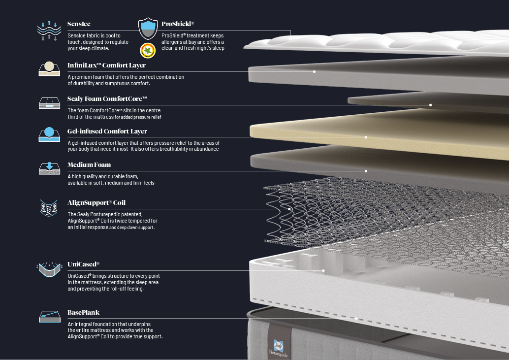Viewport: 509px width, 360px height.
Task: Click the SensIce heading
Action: pyautogui.click(x=79, y=24)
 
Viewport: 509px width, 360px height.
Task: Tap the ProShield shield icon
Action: pyautogui.click(x=148, y=29)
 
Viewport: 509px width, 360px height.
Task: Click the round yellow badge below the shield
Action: pyautogui.click(x=148, y=51)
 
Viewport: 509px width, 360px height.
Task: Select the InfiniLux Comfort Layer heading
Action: pyautogui.click(x=106, y=65)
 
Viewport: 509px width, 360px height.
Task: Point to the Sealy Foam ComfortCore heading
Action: pyautogui.click(x=107, y=98)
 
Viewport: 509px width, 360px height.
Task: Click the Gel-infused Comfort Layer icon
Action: pyautogui.click(x=49, y=134)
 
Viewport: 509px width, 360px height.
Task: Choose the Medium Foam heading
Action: pyautogui.click(x=89, y=165)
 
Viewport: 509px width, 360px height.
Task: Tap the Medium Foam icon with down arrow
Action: pyautogui.click(x=49, y=168)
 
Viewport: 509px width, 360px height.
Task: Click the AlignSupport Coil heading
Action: pyautogui.click(x=96, y=202)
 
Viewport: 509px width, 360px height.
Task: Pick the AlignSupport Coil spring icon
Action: pyautogui.click(x=49, y=208)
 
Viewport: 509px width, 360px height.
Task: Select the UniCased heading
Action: pyautogui.click(x=83, y=264)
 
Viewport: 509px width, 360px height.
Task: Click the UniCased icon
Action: pyautogui.click(x=49, y=269)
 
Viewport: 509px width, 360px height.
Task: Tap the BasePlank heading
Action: pyautogui.click(x=83, y=313)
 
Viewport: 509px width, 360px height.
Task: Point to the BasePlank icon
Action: pyautogui.click(x=50, y=317)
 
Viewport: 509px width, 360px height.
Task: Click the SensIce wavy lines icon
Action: pyautogui.click(x=49, y=31)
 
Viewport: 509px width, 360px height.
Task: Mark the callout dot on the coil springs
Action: pyautogui.click(x=289, y=209)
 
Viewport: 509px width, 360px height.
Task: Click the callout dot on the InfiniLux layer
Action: pyautogui.click(x=314, y=71)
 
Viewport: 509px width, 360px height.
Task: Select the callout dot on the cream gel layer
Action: pyautogui.click(x=366, y=137)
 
